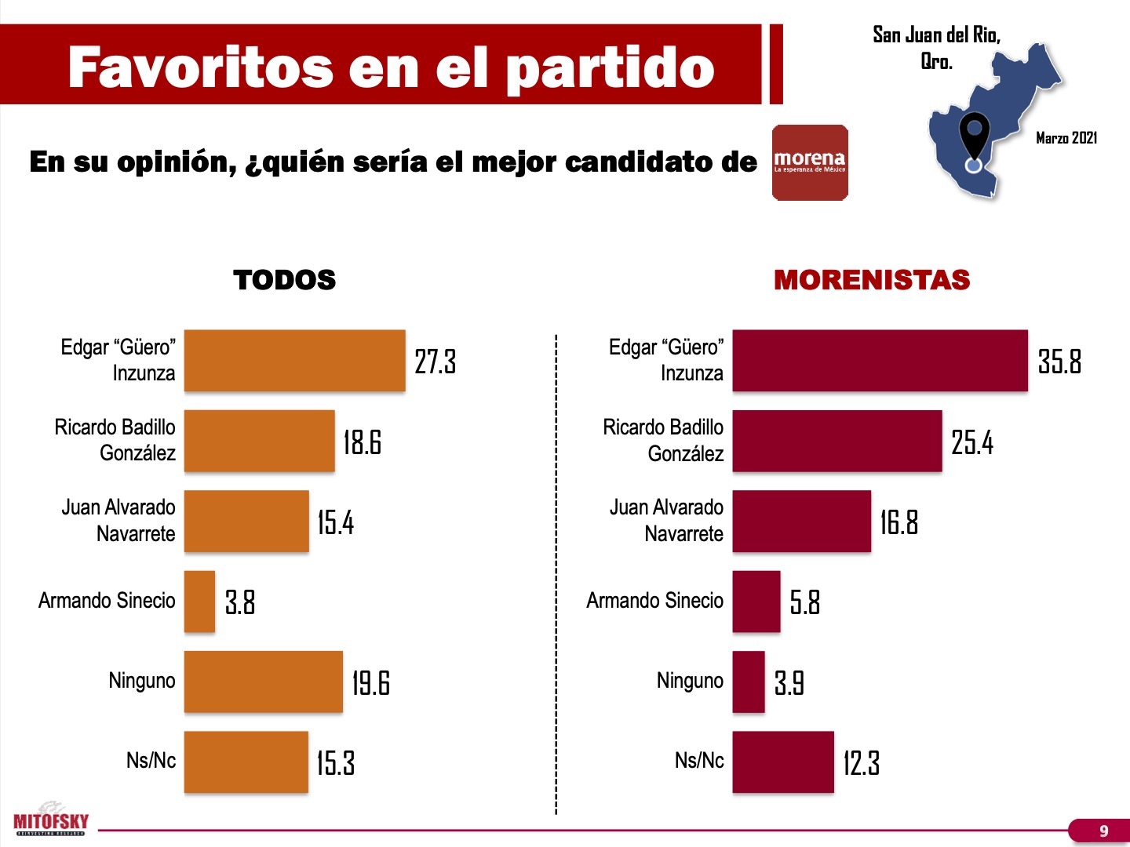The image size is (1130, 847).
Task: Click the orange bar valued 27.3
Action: (294, 361)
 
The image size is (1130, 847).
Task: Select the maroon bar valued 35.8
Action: (880, 361)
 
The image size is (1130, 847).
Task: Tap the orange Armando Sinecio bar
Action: (199, 602)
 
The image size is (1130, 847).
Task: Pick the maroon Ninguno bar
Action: (749, 682)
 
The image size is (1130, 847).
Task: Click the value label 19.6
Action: (370, 683)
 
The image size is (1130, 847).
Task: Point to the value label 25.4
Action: (971, 442)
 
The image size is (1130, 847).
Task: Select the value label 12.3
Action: (861, 763)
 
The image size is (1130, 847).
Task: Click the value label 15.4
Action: (335, 522)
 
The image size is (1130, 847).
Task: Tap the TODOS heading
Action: (284, 280)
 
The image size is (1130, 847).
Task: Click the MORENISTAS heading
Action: (872, 280)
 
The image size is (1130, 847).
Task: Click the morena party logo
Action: (810, 163)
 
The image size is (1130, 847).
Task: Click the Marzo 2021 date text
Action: (1066, 138)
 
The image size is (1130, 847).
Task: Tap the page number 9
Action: (1103, 831)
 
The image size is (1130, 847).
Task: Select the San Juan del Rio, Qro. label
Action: (936, 47)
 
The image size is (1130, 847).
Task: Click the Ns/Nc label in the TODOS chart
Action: (151, 761)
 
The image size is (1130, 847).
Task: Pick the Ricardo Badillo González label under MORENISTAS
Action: (664, 441)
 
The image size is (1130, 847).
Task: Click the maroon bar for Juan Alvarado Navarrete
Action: (801, 522)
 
